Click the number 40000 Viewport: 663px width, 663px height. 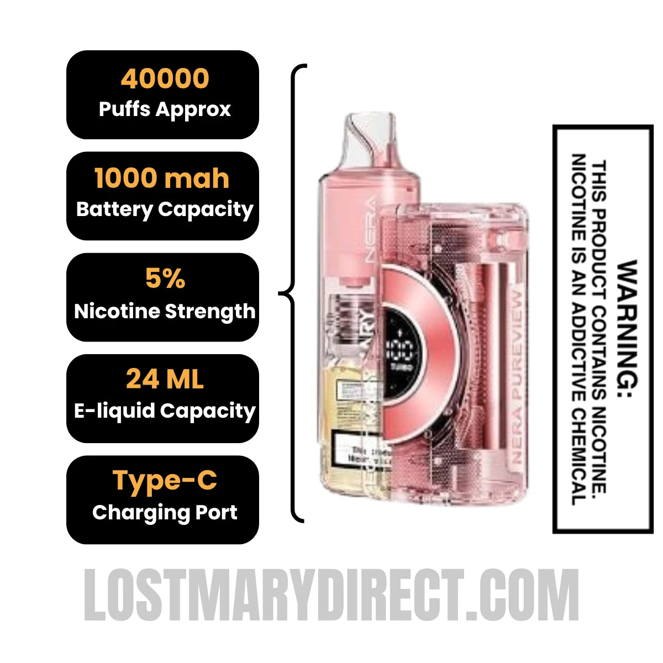click(165, 78)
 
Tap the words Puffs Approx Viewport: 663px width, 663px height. click(165, 109)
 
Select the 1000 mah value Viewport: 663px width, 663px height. click(162, 178)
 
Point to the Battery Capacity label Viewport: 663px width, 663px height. click(165, 209)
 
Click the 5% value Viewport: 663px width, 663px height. click(165, 279)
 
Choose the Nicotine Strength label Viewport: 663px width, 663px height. click(165, 311)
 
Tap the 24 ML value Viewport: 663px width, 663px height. click(165, 380)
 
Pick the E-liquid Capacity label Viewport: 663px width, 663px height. click(165, 411)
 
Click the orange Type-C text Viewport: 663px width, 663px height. click(165, 480)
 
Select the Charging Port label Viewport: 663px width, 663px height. click(165, 512)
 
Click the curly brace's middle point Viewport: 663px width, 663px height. click(282, 293)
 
